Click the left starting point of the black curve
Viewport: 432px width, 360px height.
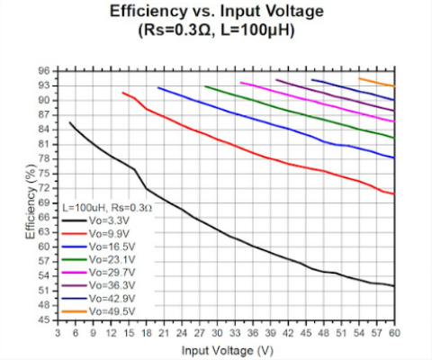coord(70,122)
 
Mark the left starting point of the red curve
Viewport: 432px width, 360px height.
coord(123,93)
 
